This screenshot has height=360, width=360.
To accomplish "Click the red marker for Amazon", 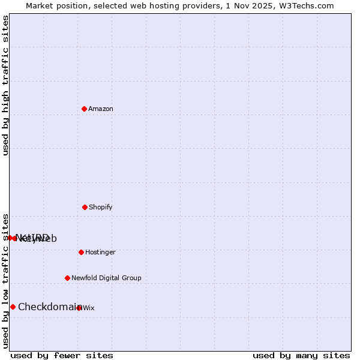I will pos(84,109).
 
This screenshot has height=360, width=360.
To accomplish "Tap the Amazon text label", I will pos(101,109).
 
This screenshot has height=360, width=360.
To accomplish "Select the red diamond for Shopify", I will pos(85,207).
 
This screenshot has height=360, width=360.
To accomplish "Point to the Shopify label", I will pos(101,208).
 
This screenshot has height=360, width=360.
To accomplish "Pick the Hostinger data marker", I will pos(81,252).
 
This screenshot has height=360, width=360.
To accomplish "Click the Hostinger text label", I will pos(100,253).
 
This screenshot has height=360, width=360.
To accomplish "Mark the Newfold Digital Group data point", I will pos(67,278).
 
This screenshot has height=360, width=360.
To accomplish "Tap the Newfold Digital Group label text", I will pos(106,278).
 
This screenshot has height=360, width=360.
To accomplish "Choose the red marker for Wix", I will pos(79,308).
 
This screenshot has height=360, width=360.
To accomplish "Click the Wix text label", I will pos(89,308).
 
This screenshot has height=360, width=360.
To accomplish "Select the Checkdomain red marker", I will pos(13,307).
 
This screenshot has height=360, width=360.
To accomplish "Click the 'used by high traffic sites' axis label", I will pos(5,85).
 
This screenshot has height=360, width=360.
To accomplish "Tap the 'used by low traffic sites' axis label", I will pos(5,281).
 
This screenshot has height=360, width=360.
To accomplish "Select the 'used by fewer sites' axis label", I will pos(62,356).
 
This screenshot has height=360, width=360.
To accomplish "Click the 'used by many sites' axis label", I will pos(301,356).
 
